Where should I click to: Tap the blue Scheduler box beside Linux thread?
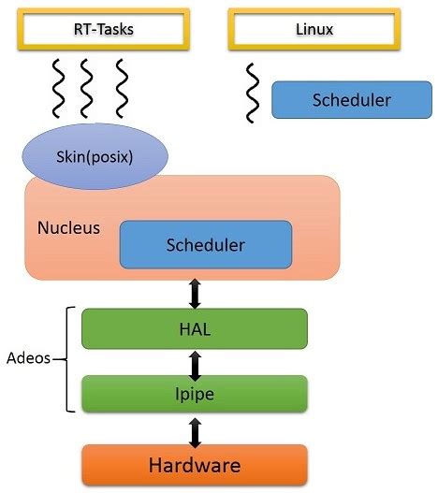pos(343,99)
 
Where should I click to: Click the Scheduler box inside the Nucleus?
pos(205,245)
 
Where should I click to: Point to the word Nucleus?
pos(68,227)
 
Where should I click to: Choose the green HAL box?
pos(194,327)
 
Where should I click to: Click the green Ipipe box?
pos(194,395)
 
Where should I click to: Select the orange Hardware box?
pos(194,464)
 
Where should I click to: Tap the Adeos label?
pos(26,357)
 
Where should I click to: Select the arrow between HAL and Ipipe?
pos(195,362)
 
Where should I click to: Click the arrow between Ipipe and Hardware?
pos(195,430)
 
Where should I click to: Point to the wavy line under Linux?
pos(252,93)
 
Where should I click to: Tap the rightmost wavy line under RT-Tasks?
pos(120,88)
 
